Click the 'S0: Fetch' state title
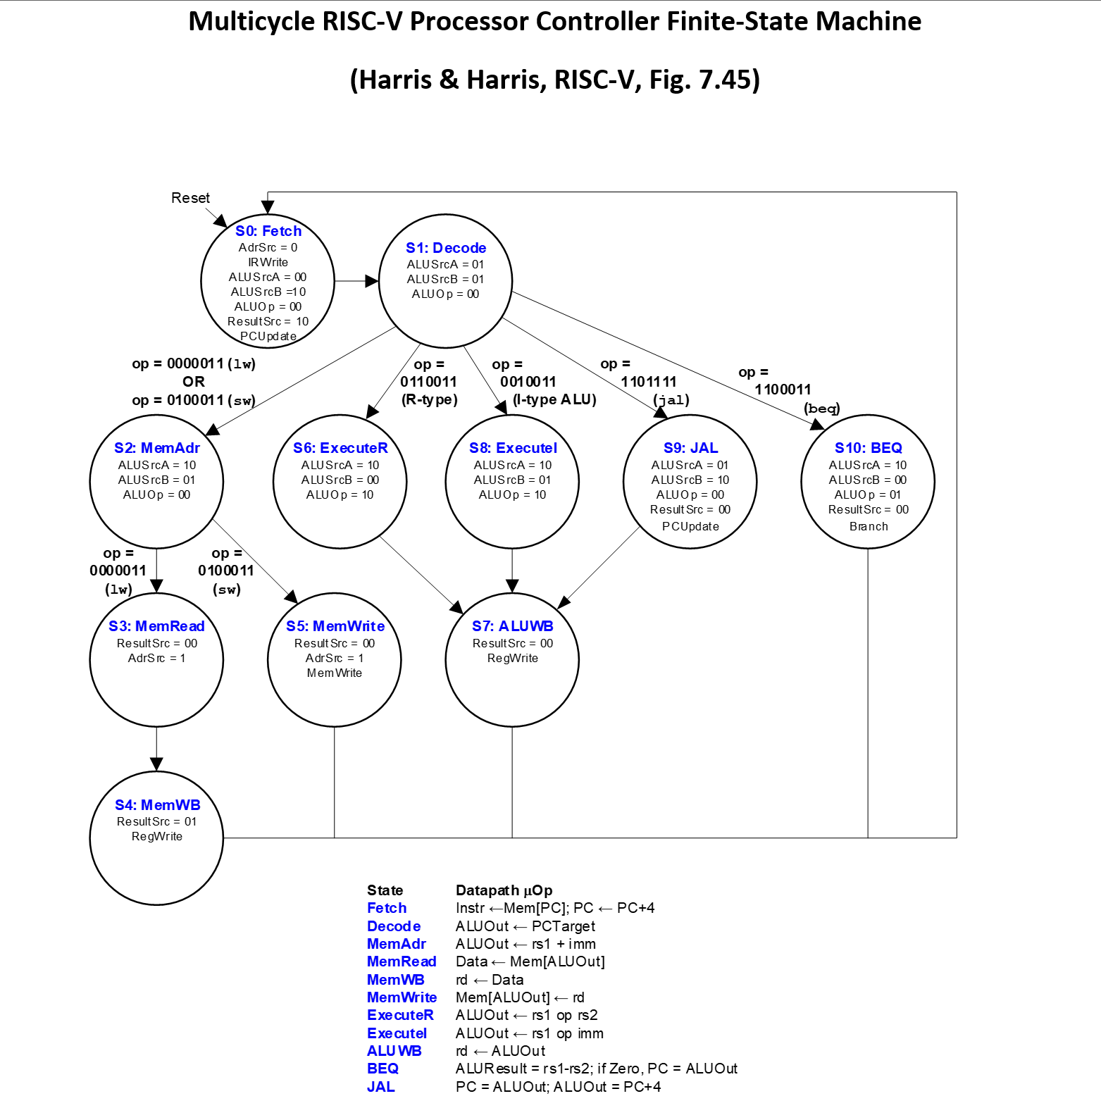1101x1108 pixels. click(x=268, y=231)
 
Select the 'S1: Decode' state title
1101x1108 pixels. click(x=446, y=248)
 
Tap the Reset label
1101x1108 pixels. click(x=190, y=198)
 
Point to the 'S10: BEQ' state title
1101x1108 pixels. click(x=868, y=448)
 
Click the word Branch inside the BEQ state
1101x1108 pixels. click(x=868, y=526)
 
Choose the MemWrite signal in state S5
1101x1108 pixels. click(x=334, y=673)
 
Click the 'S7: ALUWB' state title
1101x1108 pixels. click(x=512, y=626)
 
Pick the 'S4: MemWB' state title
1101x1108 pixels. click(x=157, y=805)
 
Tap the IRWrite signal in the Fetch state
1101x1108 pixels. click(x=268, y=262)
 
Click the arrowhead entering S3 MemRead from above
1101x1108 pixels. click(x=156, y=585)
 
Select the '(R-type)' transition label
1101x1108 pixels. click(x=429, y=399)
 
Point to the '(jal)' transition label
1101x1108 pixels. click(x=671, y=399)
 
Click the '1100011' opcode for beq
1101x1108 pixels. click(x=783, y=390)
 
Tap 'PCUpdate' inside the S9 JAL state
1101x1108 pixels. click(x=690, y=526)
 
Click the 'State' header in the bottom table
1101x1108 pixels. click(x=385, y=890)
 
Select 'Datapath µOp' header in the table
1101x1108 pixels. click(x=504, y=890)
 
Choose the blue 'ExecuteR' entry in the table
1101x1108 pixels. click(x=399, y=1015)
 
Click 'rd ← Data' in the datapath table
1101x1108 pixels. click(x=489, y=980)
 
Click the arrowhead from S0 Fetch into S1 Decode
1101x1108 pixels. click(x=372, y=281)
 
